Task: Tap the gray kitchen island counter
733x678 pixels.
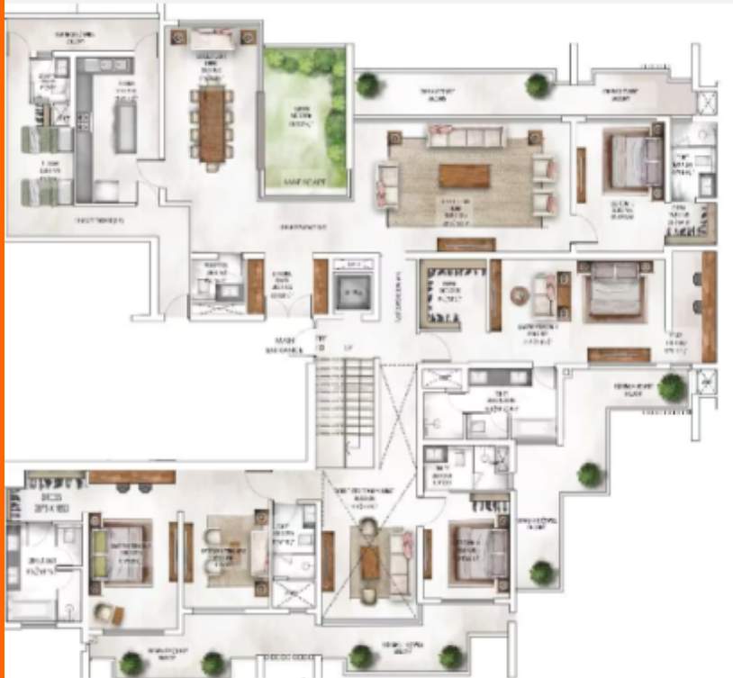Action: pos(125,122)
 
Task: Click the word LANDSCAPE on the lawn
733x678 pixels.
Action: pos(304,183)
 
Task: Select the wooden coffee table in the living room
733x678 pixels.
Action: pos(464,176)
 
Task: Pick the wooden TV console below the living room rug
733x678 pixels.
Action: pos(466,244)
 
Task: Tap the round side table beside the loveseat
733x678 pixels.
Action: pos(520,295)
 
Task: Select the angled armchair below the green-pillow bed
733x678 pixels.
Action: pos(107,614)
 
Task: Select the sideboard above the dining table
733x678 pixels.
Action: pos(213,41)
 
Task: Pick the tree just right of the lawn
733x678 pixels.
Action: pos(366,85)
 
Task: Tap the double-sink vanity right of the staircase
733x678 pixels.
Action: pos(501,377)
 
